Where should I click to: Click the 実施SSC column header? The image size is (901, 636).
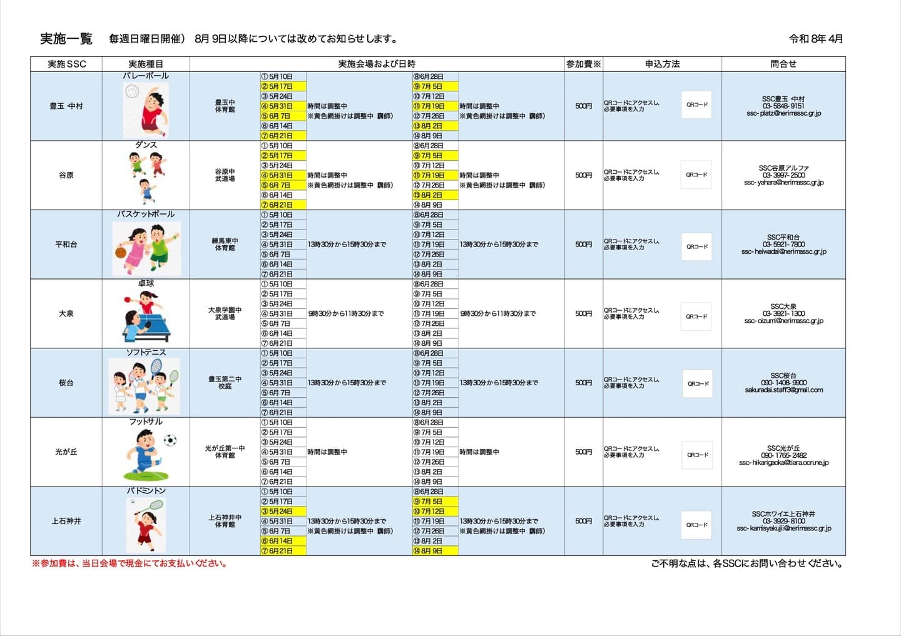click(66, 64)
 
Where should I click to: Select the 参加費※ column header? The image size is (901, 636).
click(583, 64)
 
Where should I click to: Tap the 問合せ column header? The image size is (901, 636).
click(783, 64)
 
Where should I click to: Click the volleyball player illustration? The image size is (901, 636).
click(146, 110)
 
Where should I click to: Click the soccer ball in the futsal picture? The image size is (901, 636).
click(170, 440)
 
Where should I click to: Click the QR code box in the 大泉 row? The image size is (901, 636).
click(696, 316)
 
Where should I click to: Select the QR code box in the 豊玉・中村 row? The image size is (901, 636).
click(696, 105)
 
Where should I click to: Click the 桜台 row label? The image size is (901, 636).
click(66, 383)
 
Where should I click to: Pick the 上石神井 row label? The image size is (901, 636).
click(66, 521)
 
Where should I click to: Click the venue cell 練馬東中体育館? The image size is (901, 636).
click(225, 245)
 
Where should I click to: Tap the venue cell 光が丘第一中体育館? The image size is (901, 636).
click(225, 452)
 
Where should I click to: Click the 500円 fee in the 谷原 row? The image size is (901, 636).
click(583, 175)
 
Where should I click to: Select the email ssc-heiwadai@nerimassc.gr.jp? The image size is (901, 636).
click(783, 252)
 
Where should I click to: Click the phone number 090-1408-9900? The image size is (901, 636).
click(783, 383)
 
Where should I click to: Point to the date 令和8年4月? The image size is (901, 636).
click(816, 39)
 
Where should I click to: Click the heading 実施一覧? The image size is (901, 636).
click(66, 39)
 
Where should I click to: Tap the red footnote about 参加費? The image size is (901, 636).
click(130, 563)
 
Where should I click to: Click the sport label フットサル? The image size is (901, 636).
click(146, 422)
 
